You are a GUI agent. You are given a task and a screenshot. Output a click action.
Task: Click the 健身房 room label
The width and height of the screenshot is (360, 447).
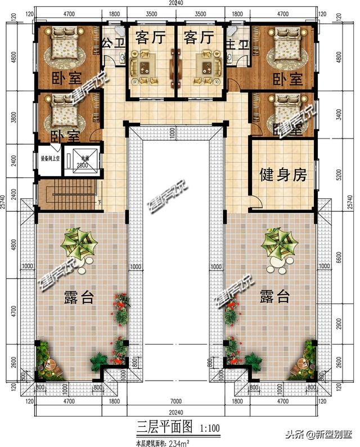point(283,176)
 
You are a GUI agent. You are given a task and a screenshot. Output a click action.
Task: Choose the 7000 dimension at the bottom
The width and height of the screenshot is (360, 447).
point(177,403)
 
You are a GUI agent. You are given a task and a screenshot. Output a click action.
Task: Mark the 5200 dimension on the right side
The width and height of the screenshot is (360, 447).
point(338,176)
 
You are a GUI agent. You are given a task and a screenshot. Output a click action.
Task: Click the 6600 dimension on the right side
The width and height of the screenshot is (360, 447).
point(338,258)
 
